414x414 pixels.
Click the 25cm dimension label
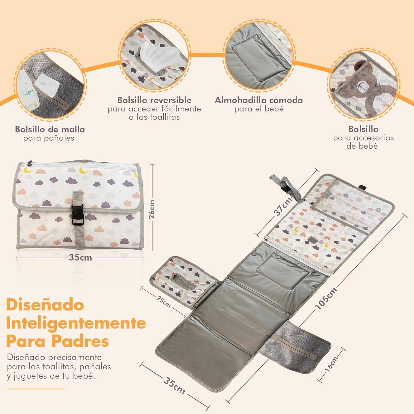(x=163, y=302)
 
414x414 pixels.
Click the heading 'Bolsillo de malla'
(x=50, y=129)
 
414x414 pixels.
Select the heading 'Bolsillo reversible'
(x=154, y=100)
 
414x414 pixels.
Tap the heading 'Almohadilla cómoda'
(x=259, y=100)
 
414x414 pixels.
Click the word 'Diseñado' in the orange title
(x=45, y=305)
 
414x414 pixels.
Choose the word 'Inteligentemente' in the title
(x=76, y=323)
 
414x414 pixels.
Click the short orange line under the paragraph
(x=36, y=389)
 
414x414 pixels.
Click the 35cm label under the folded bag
(x=80, y=258)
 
